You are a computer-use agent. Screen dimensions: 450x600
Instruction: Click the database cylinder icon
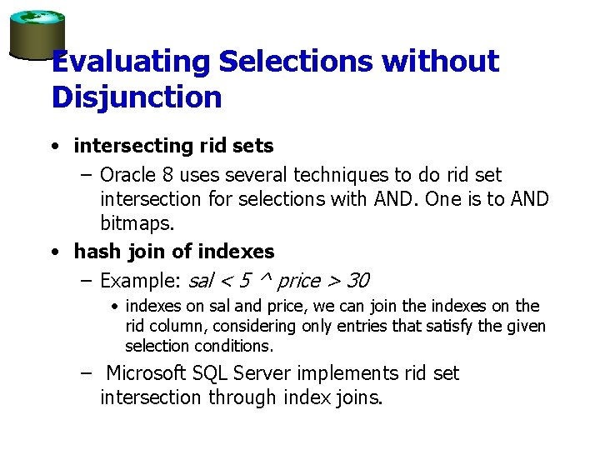pos(37,34)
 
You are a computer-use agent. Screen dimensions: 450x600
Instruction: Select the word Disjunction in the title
pos(137,97)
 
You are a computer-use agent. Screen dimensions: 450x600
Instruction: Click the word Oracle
pos(126,175)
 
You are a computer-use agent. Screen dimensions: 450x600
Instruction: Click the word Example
pos(138,280)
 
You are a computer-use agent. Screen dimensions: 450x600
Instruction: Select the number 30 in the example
pos(357,280)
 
